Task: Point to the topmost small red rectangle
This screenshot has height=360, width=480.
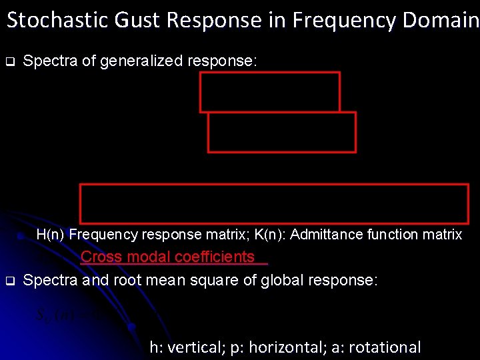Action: point(270,92)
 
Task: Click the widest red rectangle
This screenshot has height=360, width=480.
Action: point(274,203)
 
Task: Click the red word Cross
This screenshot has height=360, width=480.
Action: point(100,257)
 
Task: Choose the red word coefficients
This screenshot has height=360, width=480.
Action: point(214,257)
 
